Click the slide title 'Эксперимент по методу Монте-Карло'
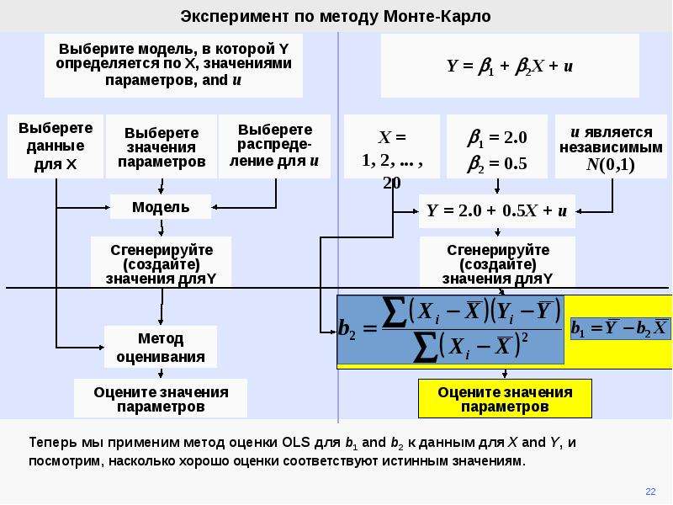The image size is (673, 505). tap(335, 16)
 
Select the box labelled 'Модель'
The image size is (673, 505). tap(161, 207)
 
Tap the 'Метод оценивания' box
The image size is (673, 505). tap(161, 347)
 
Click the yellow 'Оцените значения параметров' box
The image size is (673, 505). tap(505, 398)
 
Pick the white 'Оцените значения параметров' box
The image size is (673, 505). tap(161, 398)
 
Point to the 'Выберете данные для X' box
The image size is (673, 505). tap(56, 146)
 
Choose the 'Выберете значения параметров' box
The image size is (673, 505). tap(162, 146)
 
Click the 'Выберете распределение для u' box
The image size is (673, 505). tap(275, 146)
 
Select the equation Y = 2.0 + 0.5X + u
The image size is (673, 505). tap(497, 211)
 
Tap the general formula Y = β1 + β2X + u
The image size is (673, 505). tap(510, 66)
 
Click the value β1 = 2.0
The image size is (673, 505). tap(497, 138)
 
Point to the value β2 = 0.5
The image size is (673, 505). tap(497, 164)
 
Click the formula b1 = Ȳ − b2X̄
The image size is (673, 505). tap(619, 328)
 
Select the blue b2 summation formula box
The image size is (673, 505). tap(450, 329)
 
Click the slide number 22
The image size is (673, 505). tap(650, 492)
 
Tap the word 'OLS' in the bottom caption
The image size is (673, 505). tap(296, 442)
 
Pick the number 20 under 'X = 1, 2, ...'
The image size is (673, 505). tap(392, 183)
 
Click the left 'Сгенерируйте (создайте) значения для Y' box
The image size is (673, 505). tap(161, 262)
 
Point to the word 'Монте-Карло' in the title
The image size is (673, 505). tap(437, 16)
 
